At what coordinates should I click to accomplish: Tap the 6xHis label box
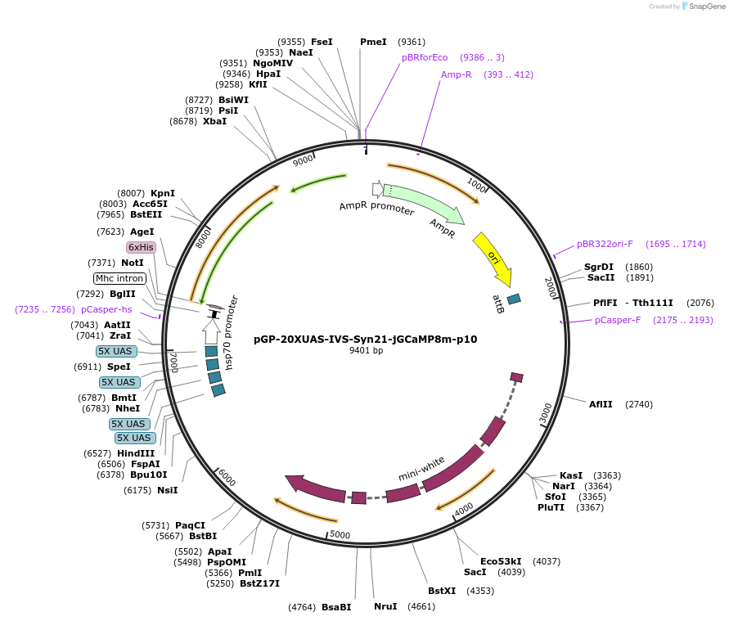tap(141, 247)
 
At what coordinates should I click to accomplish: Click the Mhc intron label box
tap(120, 278)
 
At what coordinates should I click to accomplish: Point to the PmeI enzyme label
tap(373, 42)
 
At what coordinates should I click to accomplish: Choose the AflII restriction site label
tap(601, 404)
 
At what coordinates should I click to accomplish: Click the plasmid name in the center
tap(365, 339)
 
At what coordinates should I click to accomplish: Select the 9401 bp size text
tap(366, 350)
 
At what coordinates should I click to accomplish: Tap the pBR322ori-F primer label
tap(605, 244)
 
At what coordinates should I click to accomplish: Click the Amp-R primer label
tap(457, 74)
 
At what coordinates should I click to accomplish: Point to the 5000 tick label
tap(340, 535)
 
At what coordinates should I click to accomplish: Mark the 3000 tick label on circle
tap(546, 414)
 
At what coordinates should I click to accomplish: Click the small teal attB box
tap(514, 299)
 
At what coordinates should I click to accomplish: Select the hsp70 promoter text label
tap(233, 332)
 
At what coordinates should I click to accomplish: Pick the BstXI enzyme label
tap(442, 590)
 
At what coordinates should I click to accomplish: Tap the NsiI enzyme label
tap(168, 490)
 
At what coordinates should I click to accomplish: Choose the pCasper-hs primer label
tap(106, 309)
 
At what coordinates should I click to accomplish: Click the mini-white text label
tap(422, 469)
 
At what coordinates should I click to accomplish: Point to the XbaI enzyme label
tap(215, 121)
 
